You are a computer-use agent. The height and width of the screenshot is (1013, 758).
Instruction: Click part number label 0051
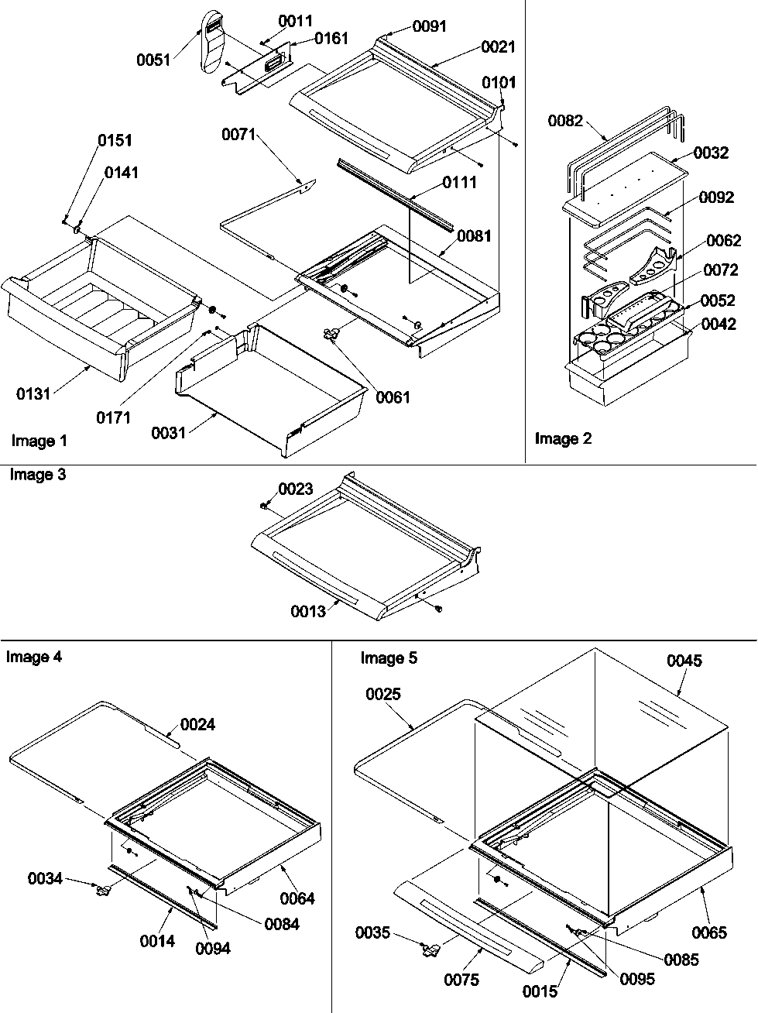click(153, 60)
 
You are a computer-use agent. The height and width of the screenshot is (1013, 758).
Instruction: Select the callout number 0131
click(33, 394)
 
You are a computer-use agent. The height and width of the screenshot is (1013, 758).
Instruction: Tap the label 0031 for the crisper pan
click(170, 432)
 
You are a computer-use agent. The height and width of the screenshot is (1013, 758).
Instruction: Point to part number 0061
click(393, 397)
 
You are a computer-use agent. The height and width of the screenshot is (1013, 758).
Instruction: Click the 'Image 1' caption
click(39, 441)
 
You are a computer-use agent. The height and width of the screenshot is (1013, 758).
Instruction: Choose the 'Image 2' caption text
click(563, 439)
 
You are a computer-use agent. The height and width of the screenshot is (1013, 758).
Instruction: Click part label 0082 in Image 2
click(564, 121)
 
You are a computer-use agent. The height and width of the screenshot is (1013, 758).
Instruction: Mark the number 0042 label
click(719, 326)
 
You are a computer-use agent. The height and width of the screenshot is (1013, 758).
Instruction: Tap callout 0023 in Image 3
click(296, 489)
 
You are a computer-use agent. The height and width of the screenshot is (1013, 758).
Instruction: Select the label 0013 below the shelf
click(308, 612)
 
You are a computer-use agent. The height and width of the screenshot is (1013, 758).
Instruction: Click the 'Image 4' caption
click(34, 658)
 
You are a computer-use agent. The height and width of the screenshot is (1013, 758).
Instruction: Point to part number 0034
click(45, 879)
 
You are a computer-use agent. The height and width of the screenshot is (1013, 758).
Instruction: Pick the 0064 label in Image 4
click(297, 899)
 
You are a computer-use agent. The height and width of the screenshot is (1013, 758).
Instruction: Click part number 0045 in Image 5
click(684, 661)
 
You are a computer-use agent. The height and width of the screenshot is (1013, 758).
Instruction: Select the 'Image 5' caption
click(389, 658)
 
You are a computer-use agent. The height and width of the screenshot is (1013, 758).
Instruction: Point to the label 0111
click(460, 183)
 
